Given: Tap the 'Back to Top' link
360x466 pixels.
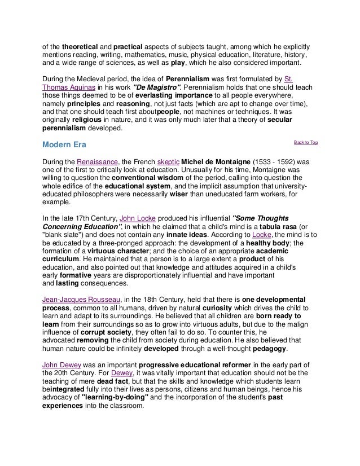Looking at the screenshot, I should [306, 142].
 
